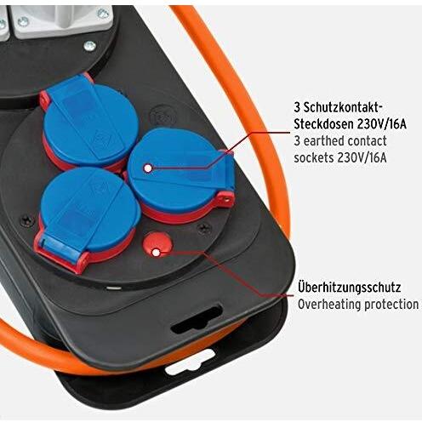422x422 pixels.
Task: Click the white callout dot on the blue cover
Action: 148,168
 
